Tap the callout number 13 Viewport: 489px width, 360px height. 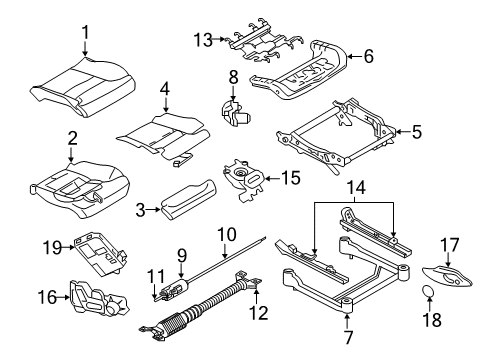[x=203, y=40]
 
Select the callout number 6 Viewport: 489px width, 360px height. [x=369, y=57]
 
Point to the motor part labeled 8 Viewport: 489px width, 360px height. [x=237, y=117]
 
